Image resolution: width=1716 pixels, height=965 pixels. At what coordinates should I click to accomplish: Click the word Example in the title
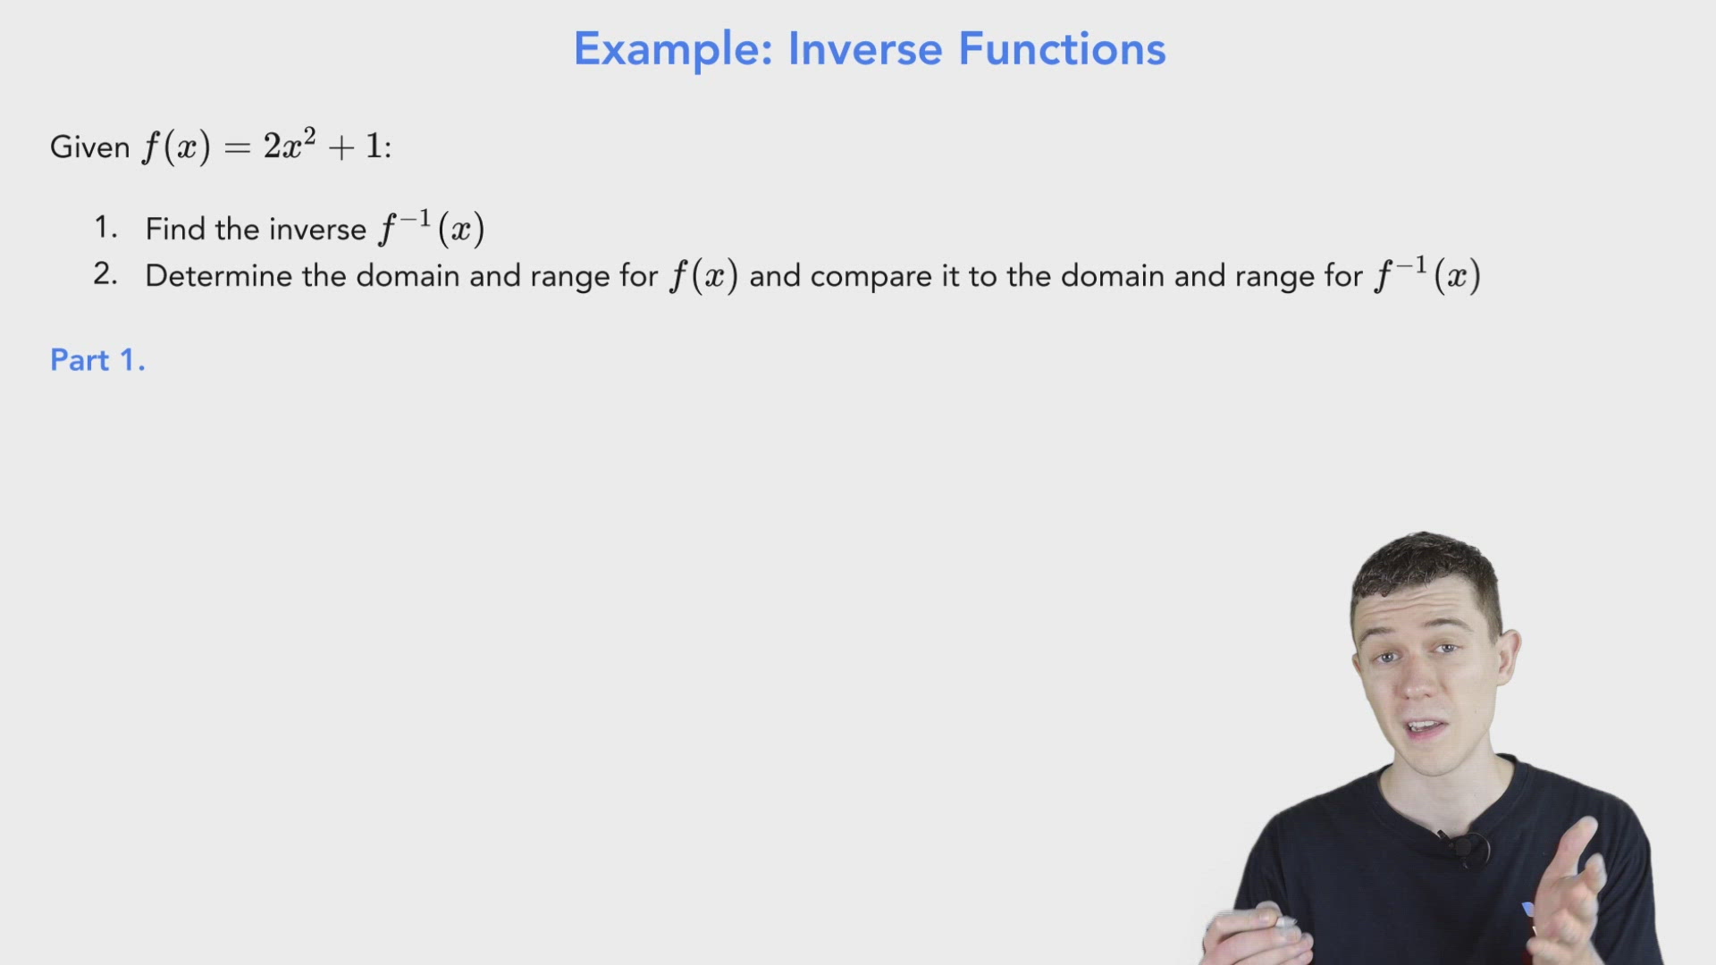672,49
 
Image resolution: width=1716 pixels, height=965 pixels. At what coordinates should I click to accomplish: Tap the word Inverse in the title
864,49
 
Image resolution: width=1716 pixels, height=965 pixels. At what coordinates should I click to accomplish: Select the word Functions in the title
1062,49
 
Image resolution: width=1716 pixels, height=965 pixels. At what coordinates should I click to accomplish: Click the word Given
89,147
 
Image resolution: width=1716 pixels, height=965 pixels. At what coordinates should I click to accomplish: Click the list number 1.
105,228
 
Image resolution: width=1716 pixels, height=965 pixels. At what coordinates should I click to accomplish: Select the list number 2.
105,274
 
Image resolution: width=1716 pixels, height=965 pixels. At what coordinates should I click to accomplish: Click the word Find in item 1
175,229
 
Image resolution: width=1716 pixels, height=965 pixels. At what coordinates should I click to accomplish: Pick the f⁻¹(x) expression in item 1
431,229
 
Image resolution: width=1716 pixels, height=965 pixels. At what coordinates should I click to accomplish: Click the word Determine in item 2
218,275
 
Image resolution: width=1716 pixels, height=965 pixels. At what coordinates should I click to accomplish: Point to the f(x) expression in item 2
704,275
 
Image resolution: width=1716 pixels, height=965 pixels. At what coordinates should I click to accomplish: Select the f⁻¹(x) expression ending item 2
1427,275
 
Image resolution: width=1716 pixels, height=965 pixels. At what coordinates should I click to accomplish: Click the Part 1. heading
97,360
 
